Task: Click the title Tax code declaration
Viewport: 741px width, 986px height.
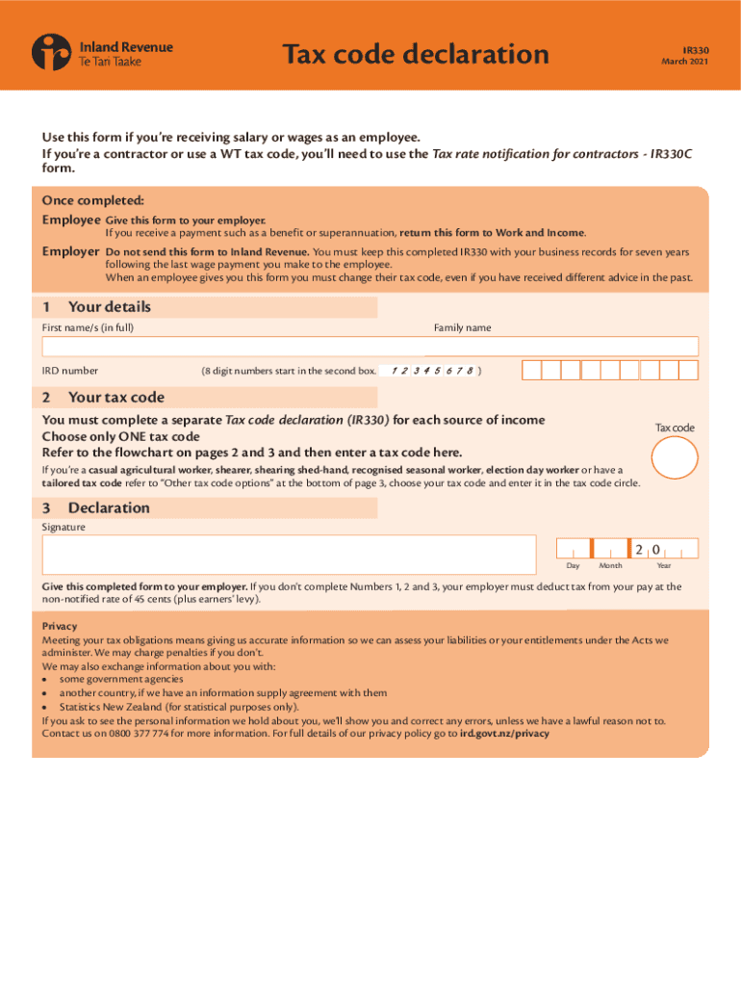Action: [x=415, y=54]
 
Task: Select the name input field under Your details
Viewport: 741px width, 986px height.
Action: [x=370, y=347]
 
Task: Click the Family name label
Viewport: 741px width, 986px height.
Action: [x=462, y=327]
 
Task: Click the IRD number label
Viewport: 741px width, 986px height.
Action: [x=69, y=371]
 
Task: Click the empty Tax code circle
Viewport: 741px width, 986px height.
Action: [x=675, y=458]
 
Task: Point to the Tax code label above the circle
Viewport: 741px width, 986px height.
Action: [x=675, y=428]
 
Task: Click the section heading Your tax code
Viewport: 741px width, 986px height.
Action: [x=115, y=397]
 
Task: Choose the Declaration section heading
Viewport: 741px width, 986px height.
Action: [x=109, y=507]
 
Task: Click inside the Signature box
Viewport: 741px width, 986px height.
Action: [x=288, y=555]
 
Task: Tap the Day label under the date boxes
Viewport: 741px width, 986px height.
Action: [x=573, y=565]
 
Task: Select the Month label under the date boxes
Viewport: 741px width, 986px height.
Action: [x=610, y=565]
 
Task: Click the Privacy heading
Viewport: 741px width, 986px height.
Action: [x=59, y=626]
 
